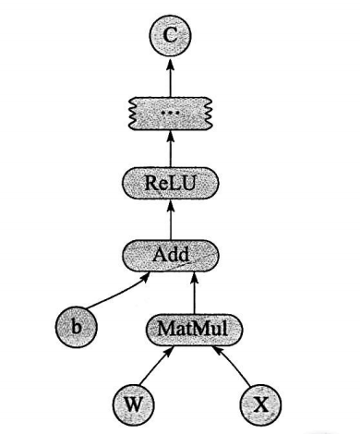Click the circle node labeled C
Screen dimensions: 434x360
(170, 38)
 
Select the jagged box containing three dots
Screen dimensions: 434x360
(170, 112)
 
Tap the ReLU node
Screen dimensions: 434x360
(170, 185)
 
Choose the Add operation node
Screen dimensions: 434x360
(170, 255)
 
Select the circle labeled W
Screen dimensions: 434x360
(133, 402)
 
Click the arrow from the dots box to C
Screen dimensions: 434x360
(170, 76)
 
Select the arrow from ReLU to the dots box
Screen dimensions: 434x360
(170, 149)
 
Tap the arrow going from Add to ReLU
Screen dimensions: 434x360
(170, 220)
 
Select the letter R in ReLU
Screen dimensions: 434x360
(150, 185)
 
